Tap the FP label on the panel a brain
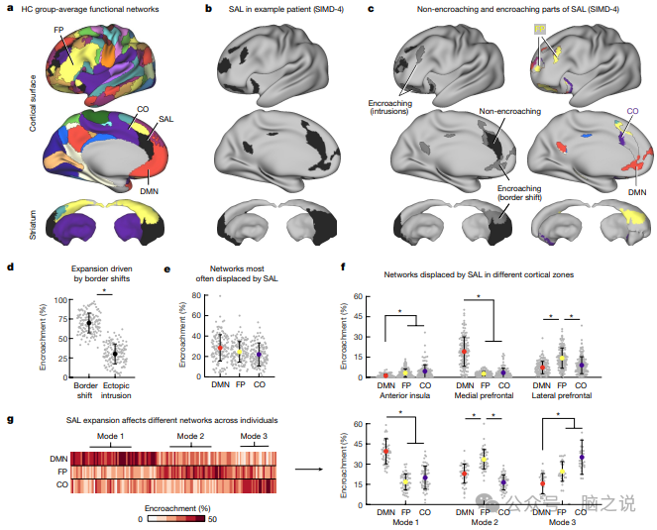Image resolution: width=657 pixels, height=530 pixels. pyautogui.click(x=58, y=33)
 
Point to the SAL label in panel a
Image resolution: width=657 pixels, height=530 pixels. pyautogui.click(x=167, y=118)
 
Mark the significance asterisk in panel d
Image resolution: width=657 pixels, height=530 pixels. pyautogui.click(x=101, y=291)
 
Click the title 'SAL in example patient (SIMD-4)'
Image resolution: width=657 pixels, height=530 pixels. pyautogui.click(x=280, y=10)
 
